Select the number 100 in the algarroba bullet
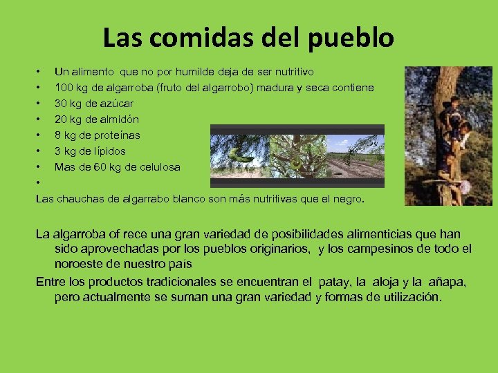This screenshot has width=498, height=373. [65, 88]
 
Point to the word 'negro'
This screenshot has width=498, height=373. [347, 199]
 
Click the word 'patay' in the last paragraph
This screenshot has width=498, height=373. [334, 282]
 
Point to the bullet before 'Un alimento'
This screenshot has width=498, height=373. [39, 72]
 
